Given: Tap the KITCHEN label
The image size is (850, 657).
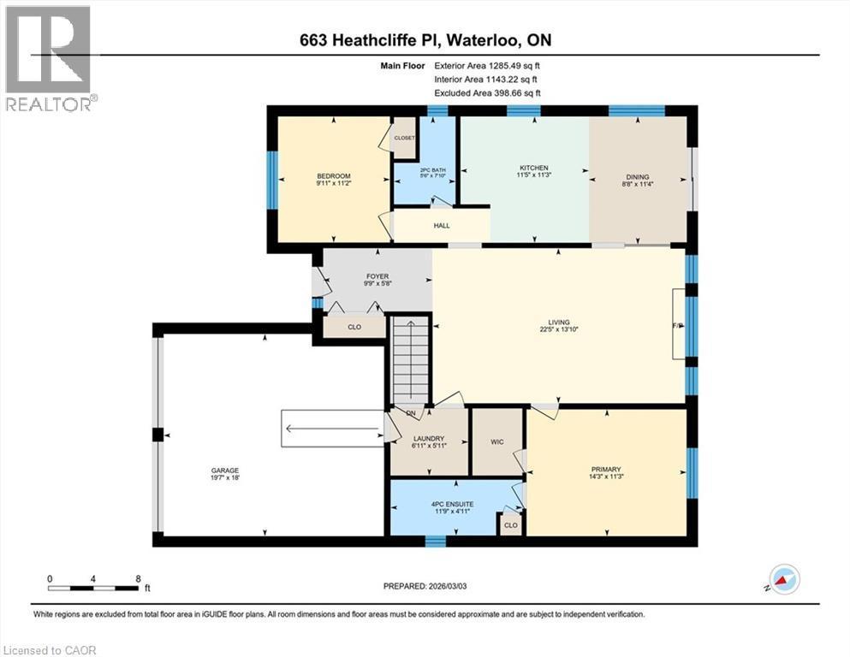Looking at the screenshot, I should point(534,168).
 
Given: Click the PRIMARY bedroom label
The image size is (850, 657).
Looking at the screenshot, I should point(606,469).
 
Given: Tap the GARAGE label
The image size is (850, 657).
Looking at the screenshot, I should point(225,471).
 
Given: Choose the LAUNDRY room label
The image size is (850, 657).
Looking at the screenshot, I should point(429,437).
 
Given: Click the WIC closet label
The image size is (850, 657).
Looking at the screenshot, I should point(497,442).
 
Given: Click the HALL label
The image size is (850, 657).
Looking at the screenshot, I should point(442,226).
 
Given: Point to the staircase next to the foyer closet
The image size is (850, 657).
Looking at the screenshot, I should point(410,359).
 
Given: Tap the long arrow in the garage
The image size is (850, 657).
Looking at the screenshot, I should point(334,429).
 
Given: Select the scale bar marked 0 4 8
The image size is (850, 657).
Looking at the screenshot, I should point(94,587).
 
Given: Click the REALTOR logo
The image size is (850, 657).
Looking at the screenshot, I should point(50,58).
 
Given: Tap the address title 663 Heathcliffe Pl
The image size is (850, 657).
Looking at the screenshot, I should point(425,41).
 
